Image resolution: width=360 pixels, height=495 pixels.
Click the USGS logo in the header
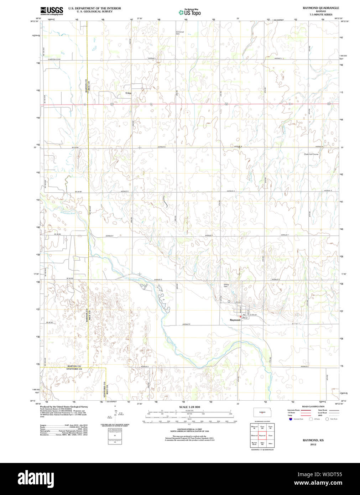[x=52, y=11]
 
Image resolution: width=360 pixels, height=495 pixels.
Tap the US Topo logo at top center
[x=190, y=12]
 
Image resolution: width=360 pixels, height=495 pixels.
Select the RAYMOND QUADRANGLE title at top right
[x=320, y=8]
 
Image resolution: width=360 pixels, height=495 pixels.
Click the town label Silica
[x=128, y=93]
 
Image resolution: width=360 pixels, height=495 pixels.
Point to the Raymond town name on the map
[x=235, y=320]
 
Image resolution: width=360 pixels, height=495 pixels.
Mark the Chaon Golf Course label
[x=311, y=154]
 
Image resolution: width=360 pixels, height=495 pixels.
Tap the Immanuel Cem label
[x=180, y=33]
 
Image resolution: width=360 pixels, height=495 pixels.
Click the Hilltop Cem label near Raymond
[x=226, y=285]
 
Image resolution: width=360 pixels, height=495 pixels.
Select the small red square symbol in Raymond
[x=240, y=317]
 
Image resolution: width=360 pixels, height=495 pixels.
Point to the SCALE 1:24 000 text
[x=189, y=407]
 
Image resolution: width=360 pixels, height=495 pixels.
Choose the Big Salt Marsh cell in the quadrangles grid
[x=254, y=444]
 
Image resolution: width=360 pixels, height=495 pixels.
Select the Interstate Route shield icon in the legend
[x=291, y=419]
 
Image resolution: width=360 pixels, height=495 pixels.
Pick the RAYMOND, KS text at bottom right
[x=313, y=440]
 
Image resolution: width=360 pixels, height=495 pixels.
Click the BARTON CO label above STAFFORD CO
[x=74, y=366]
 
